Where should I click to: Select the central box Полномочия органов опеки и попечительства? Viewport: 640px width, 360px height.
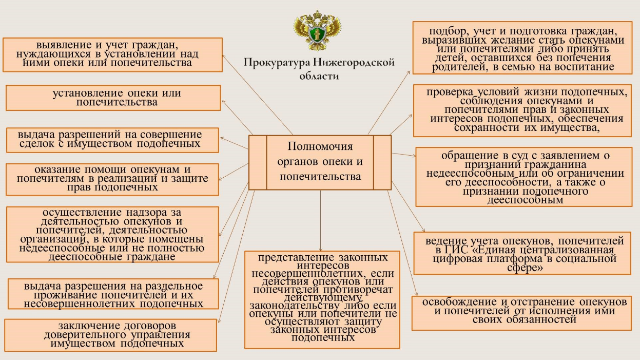point(320,162)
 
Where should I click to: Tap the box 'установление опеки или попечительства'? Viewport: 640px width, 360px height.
point(113,98)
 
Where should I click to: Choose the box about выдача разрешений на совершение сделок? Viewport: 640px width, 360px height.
point(110,140)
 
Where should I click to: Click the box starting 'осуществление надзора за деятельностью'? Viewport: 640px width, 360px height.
point(111,234)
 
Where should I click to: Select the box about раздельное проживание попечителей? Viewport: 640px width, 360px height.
point(113,294)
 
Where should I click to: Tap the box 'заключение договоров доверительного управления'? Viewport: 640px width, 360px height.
point(110,335)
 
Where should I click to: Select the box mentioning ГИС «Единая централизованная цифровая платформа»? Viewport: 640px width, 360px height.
point(522,254)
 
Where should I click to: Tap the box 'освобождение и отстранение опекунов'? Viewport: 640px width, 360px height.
point(521,312)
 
